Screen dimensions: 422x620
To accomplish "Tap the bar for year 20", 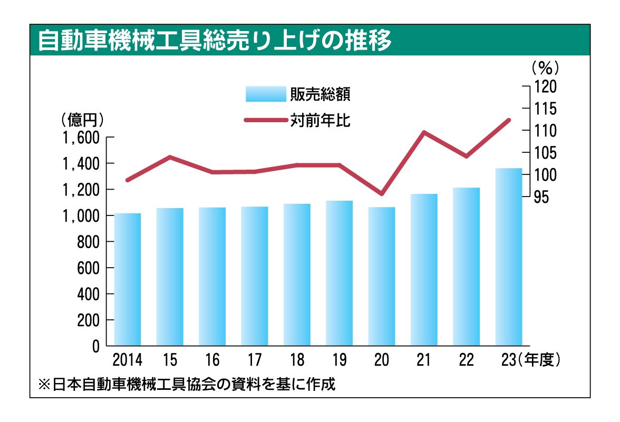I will pyautogui.click(x=382, y=276).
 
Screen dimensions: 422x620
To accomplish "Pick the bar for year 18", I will pyautogui.click(x=297, y=274).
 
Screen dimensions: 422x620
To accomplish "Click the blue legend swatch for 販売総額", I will pyautogui.click(x=265, y=94).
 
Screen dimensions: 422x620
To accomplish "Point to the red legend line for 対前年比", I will pyautogui.click(x=265, y=121).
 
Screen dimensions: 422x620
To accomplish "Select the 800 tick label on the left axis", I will pyautogui.click(x=89, y=242).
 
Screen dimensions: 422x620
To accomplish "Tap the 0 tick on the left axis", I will pyautogui.click(x=96, y=347).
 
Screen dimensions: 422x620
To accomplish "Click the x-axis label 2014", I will pyautogui.click(x=128, y=360).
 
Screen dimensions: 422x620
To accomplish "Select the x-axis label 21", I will pyautogui.click(x=424, y=360).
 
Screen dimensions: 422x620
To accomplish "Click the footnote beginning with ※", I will pyautogui.click(x=187, y=384).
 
